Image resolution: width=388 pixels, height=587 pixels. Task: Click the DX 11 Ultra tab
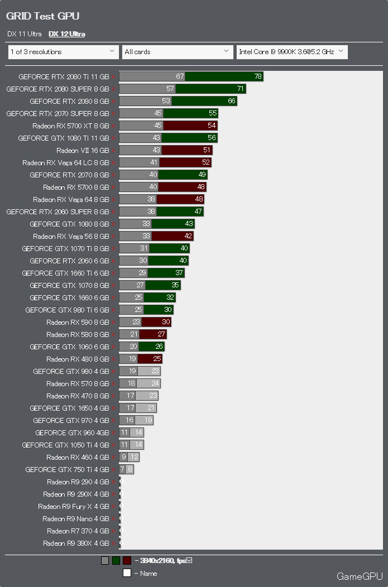pyautogui.click(x=25, y=34)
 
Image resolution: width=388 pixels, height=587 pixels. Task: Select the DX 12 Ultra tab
pyautogui.click(x=66, y=34)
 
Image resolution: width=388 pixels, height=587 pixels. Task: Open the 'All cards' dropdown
pyautogui.click(x=177, y=52)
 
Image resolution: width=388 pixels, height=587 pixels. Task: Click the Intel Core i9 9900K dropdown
pyautogui.click(x=292, y=52)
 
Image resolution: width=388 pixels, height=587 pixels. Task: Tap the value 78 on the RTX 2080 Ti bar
pyautogui.click(x=257, y=76)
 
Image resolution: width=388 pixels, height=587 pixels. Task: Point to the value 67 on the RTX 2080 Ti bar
pyautogui.click(x=180, y=76)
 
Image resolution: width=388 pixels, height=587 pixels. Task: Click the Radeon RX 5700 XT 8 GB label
pyautogui.click(x=70, y=126)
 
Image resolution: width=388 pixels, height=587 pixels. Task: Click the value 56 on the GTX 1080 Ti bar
pyautogui.click(x=212, y=138)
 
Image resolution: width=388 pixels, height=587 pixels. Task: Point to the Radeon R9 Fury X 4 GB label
pyautogui.click(x=73, y=506)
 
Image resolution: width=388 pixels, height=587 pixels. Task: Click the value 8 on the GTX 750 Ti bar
pyautogui.click(x=130, y=469)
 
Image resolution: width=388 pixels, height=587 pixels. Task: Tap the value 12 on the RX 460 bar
pyautogui.click(x=133, y=457)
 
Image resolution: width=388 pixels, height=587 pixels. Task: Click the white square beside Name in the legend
pyautogui.click(x=127, y=573)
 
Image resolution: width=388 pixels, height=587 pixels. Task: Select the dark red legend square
pyautogui.click(x=127, y=561)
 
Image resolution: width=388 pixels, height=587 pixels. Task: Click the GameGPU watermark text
pyautogui.click(x=360, y=576)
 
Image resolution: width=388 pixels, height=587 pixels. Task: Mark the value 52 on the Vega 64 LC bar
pyautogui.click(x=206, y=162)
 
